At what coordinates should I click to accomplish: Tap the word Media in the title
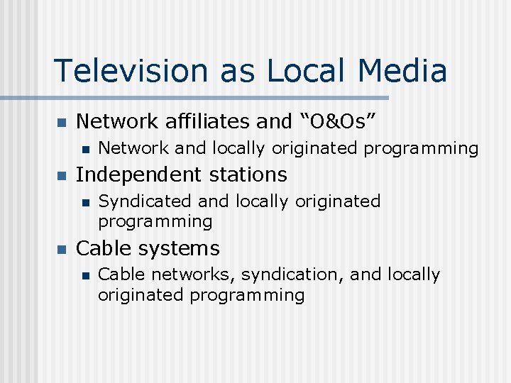[x=402, y=70]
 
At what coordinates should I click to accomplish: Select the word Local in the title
[x=309, y=70]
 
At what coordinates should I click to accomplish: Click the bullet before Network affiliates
[x=61, y=123]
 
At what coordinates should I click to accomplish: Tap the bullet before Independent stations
[x=61, y=175]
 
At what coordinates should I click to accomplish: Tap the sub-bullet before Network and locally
[x=84, y=149]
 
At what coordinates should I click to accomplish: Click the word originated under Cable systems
[x=141, y=295]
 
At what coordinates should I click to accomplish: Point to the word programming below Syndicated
[x=155, y=222]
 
